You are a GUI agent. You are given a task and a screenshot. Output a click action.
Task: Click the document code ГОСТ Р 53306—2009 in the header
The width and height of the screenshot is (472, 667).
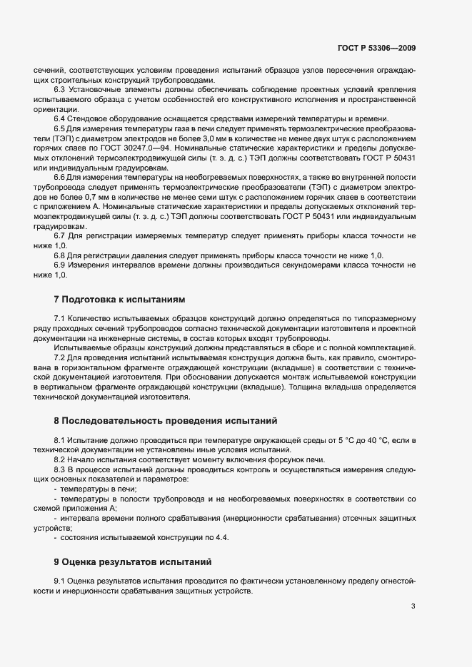(376, 49)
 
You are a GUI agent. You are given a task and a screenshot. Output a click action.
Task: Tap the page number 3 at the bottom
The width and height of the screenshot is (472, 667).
(413, 606)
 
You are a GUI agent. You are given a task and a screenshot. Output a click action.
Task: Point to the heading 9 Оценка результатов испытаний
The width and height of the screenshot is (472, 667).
(133, 562)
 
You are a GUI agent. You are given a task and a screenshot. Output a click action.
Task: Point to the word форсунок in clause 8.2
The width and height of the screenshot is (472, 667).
(271, 461)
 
